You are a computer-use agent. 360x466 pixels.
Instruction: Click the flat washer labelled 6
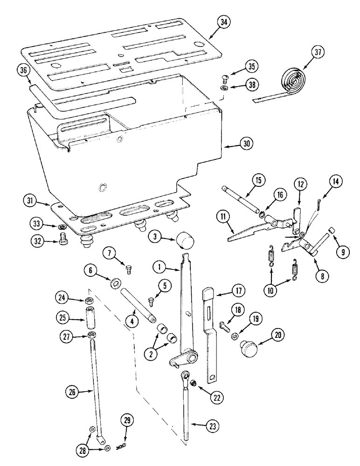coord(114,284)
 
